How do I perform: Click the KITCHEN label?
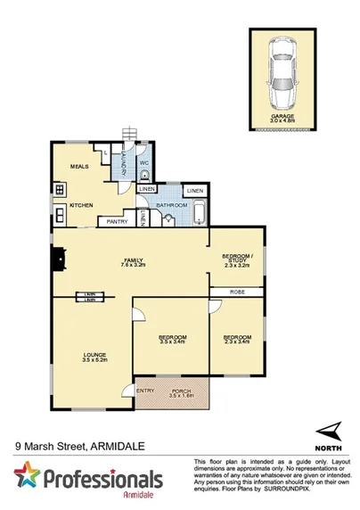(82, 205)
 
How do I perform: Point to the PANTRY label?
(118, 221)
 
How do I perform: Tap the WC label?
(143, 164)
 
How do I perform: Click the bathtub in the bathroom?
(198, 214)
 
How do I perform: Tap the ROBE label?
(237, 291)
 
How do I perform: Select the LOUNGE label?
(94, 355)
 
